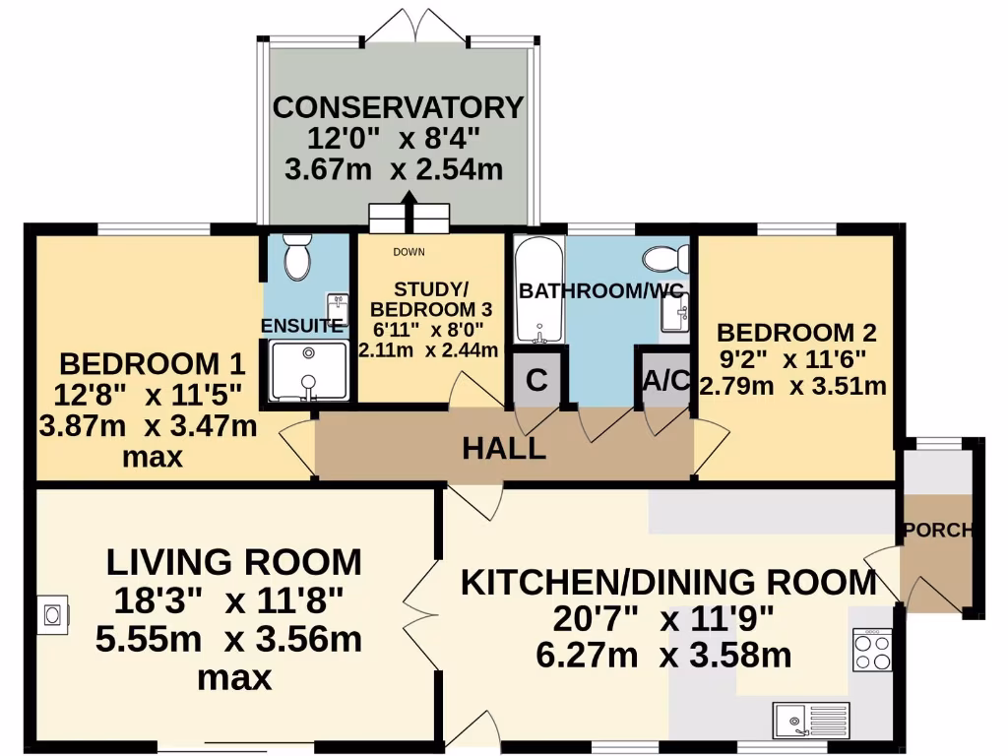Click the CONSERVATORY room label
pyautogui.click(x=398, y=106)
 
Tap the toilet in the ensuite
pyautogui.click(x=295, y=258)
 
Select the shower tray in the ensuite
pyautogui.click(x=309, y=371)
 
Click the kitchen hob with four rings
pyautogui.click(x=871, y=650)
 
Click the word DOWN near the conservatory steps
pyautogui.click(x=409, y=252)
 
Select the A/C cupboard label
pyautogui.click(x=665, y=381)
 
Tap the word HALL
pyautogui.click(x=504, y=450)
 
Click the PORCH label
pyautogui.click(x=937, y=531)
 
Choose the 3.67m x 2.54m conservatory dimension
pyautogui.click(x=394, y=169)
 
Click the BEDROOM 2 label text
pyautogui.click(x=795, y=332)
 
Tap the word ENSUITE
pyautogui.click(x=302, y=325)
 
